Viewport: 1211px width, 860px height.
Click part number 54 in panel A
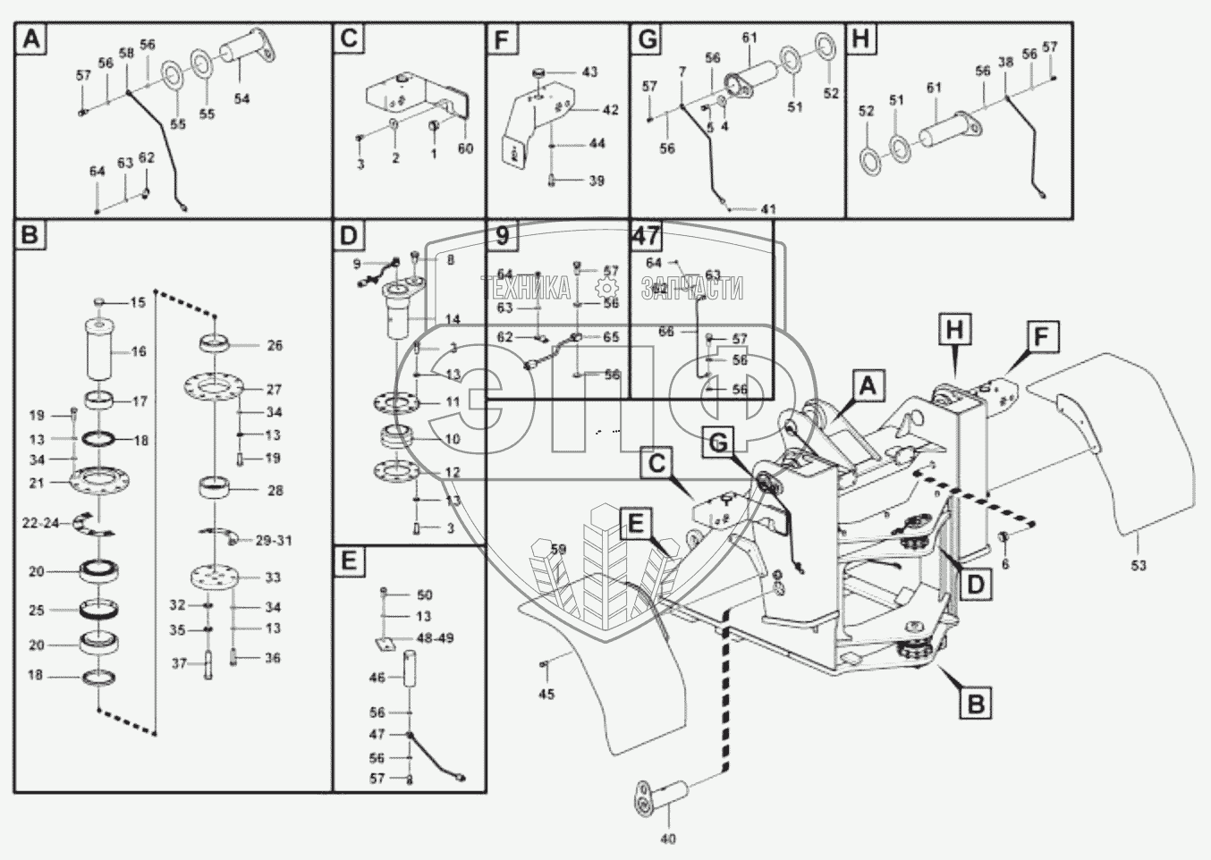tap(241, 99)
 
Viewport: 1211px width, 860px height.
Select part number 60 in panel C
tap(465, 148)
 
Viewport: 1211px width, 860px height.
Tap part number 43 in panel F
tap(590, 72)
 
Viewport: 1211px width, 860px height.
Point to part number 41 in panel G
tap(769, 209)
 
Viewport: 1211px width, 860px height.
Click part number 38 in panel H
tap(1006, 63)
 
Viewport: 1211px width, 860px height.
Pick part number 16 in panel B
tap(139, 351)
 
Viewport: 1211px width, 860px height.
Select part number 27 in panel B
tap(274, 389)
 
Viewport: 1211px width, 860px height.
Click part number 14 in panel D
tap(453, 319)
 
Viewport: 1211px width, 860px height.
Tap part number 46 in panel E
tap(377, 678)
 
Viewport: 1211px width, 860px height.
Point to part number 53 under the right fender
tap(1139, 565)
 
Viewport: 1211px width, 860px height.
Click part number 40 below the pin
tap(668, 839)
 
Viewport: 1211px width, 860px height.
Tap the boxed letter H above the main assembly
tap(955, 330)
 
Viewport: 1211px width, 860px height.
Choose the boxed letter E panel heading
tap(348, 561)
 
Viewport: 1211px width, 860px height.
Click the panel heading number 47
tap(646, 236)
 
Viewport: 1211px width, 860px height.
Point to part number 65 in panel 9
tap(611, 337)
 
